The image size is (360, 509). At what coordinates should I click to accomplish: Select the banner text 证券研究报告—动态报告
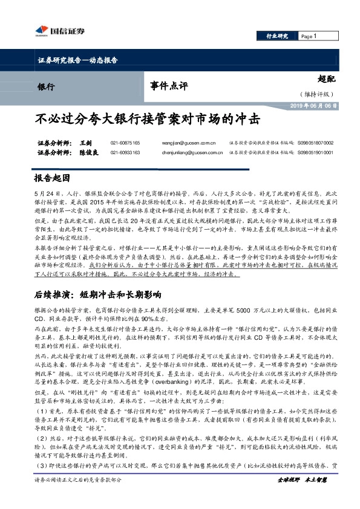[x=73, y=62]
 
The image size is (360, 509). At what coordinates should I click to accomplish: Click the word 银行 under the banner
[x=45, y=86]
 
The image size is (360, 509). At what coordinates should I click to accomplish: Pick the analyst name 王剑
[x=85, y=143]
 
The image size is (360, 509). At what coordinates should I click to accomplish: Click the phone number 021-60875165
[x=125, y=143]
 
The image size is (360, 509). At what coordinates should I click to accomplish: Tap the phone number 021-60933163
[x=125, y=153]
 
